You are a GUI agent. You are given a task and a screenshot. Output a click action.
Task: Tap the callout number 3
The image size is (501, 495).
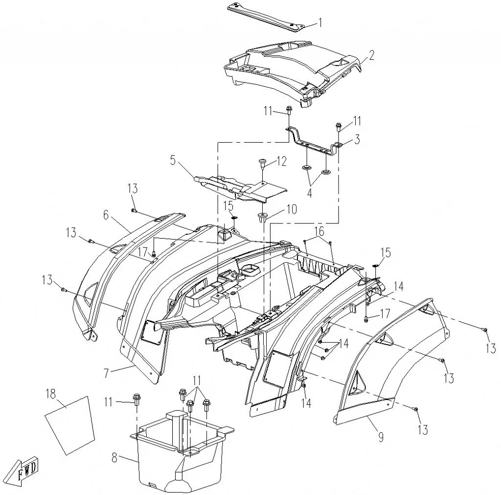click(x=357, y=140)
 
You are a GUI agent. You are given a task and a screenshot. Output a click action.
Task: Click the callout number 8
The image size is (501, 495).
click(x=115, y=458)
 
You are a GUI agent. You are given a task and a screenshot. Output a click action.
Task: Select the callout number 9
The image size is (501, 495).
click(x=381, y=437)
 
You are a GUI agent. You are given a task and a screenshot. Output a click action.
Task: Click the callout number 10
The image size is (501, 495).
click(x=292, y=209)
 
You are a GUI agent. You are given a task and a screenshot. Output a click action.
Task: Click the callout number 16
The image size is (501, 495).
click(x=319, y=231)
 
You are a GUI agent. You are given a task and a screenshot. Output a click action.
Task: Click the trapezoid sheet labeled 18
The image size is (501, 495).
click(x=69, y=424)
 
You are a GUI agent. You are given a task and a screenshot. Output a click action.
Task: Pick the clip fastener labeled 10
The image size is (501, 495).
click(x=262, y=217)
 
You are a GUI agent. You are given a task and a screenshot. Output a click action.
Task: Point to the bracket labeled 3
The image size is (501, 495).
click(x=313, y=141)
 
